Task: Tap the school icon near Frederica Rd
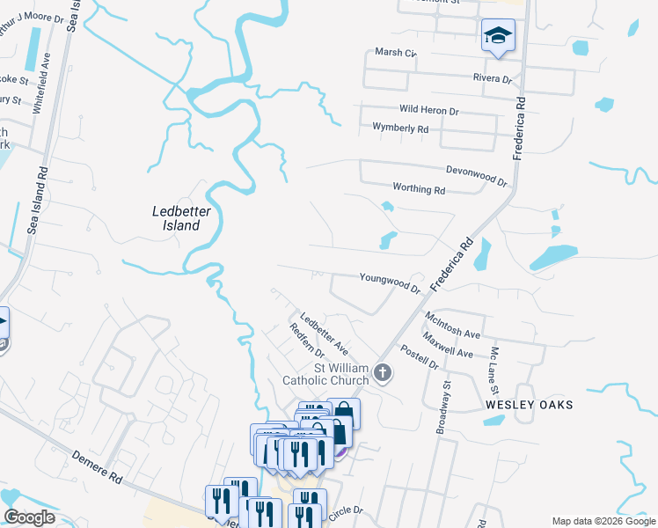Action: pyautogui.click(x=497, y=37)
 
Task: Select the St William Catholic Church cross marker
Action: pyautogui.click(x=382, y=372)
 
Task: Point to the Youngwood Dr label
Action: pyautogui.click(x=390, y=282)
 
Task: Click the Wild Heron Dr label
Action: pyautogui.click(x=429, y=111)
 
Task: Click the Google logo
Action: pyautogui.click(x=28, y=517)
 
